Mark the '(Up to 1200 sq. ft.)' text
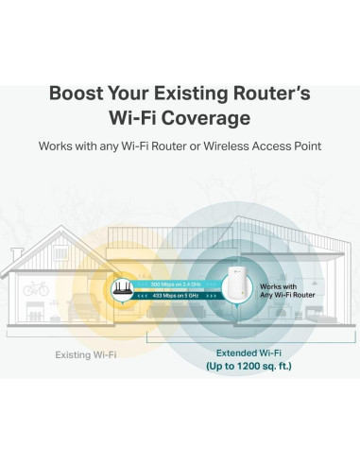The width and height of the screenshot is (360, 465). coord(236,366)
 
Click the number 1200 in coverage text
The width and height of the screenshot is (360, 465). coord(238,366)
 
